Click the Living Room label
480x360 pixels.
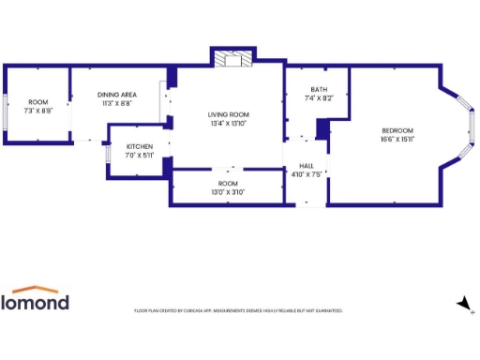pyautogui.click(x=230, y=114)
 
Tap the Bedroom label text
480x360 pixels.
pyautogui.click(x=397, y=130)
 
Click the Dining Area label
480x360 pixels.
pyautogui.click(x=119, y=95)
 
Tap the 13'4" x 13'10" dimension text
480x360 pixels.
pyautogui.click(x=230, y=123)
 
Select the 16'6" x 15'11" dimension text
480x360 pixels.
pyautogui.click(x=397, y=139)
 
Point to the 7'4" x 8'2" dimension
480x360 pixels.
pyautogui.click(x=320, y=98)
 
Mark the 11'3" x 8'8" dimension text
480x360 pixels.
pyautogui.click(x=119, y=103)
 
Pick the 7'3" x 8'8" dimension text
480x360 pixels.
pyautogui.click(x=37, y=111)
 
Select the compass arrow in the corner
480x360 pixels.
pyautogui.click(x=462, y=303)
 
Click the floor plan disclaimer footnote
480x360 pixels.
pyautogui.click(x=238, y=310)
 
